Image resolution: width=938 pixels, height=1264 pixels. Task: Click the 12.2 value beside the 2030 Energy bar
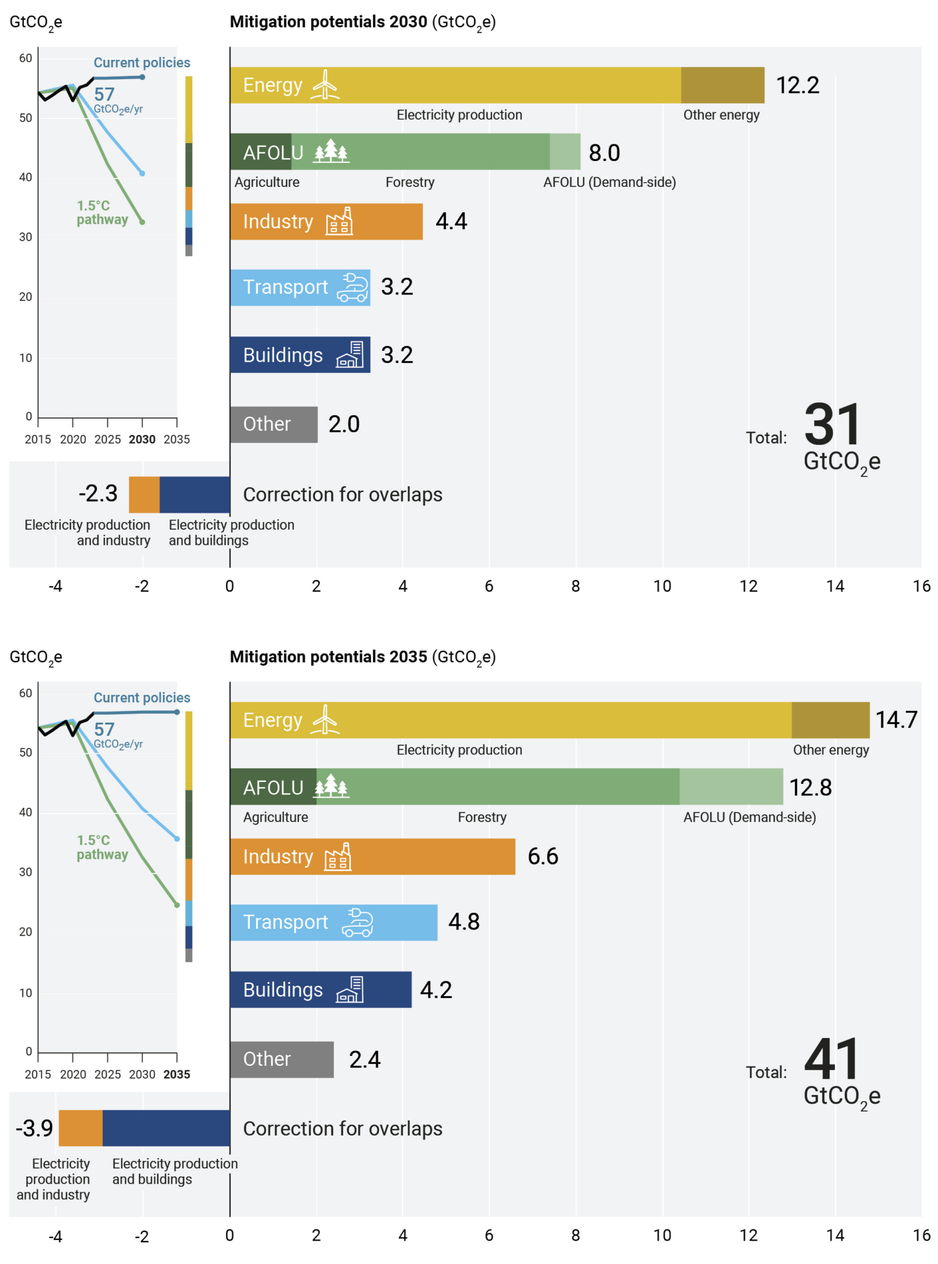[x=797, y=85]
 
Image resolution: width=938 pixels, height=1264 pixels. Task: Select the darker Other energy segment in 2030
[x=722, y=85]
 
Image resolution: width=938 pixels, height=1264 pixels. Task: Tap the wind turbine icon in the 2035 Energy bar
[x=325, y=720]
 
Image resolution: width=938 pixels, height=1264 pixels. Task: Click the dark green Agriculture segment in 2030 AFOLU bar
[x=261, y=152]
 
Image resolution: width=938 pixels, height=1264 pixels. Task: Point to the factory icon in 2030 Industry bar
[x=339, y=222]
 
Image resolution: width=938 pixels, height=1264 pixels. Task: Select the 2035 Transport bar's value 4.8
[x=464, y=921]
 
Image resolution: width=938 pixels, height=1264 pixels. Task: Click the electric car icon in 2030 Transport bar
[x=352, y=288]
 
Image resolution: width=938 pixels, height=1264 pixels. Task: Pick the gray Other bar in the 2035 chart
[x=282, y=1059]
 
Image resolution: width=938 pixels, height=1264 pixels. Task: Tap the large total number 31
[x=832, y=425]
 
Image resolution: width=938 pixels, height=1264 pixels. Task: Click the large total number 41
[x=832, y=1059]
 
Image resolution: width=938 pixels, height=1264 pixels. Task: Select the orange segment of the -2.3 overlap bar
[x=144, y=494]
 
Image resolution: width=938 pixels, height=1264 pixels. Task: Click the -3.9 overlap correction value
[x=35, y=1128]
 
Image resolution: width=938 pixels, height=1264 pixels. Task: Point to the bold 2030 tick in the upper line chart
[x=142, y=439]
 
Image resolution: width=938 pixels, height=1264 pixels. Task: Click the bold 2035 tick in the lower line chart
[x=177, y=1075]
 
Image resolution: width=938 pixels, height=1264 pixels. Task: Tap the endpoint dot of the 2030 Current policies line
[x=142, y=77]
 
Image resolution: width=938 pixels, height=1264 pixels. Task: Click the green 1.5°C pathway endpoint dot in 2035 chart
[x=177, y=905]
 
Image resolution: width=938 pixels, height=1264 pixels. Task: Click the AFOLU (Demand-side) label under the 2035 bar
[x=749, y=817]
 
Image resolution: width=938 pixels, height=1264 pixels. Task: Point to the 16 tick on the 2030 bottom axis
[x=921, y=586]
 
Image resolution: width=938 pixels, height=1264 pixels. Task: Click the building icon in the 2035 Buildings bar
[x=350, y=989]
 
